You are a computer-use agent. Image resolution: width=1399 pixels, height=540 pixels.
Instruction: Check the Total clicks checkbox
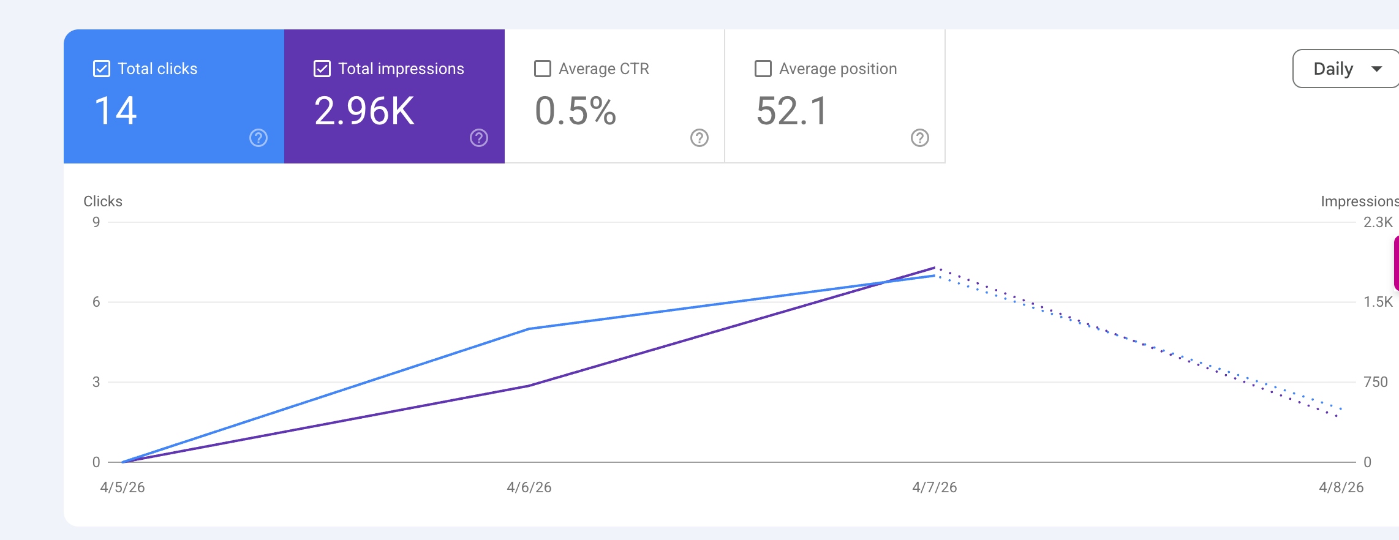pos(102,69)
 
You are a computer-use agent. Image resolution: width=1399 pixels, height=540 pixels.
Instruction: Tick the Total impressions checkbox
pos(322,69)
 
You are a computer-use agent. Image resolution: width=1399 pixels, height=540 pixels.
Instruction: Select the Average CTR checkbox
pos(543,69)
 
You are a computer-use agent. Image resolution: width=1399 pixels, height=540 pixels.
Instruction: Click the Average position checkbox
pos(763,69)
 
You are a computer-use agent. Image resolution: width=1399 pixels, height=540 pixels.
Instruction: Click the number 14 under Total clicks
pos(115,111)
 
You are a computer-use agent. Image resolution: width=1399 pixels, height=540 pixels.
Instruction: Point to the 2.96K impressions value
pos(364,111)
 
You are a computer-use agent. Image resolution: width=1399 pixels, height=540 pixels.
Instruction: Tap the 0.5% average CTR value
pos(575,111)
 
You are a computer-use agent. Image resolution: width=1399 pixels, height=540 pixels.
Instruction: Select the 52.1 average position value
pos(792,111)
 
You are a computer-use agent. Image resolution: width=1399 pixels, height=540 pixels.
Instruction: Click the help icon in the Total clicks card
pos(258,138)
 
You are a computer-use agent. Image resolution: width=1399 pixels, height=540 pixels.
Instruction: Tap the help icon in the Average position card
pos(920,138)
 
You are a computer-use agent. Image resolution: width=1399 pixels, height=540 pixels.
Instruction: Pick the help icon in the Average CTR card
pos(699,138)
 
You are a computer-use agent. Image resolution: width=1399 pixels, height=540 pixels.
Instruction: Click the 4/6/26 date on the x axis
pos(529,487)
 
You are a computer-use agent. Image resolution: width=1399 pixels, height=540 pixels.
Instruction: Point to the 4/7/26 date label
pos(935,487)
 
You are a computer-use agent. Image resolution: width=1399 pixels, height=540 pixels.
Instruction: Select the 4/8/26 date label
pos(1341,487)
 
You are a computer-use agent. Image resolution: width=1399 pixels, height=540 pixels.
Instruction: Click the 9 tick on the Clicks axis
pos(96,222)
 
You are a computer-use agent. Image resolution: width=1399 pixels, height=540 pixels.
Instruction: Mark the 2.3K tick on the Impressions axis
pos(1378,222)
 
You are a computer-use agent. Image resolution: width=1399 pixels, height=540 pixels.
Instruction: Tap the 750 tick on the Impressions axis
pos(1376,382)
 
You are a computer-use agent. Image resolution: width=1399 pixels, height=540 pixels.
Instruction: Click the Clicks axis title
pos(103,201)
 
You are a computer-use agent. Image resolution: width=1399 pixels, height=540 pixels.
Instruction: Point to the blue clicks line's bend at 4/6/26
pos(529,329)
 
